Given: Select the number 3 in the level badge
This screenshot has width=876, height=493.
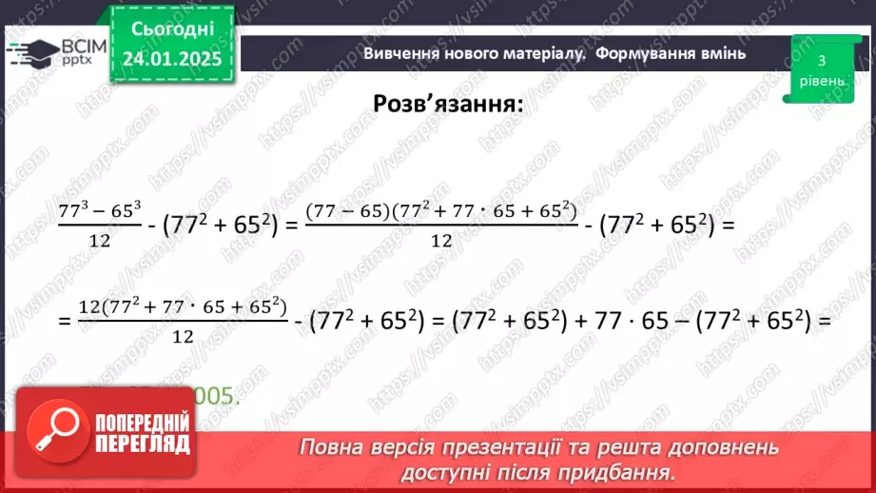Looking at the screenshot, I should point(820,60).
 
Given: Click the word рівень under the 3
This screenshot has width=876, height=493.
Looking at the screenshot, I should point(820,81).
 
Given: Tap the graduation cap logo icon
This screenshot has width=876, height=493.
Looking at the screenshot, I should point(31,52).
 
